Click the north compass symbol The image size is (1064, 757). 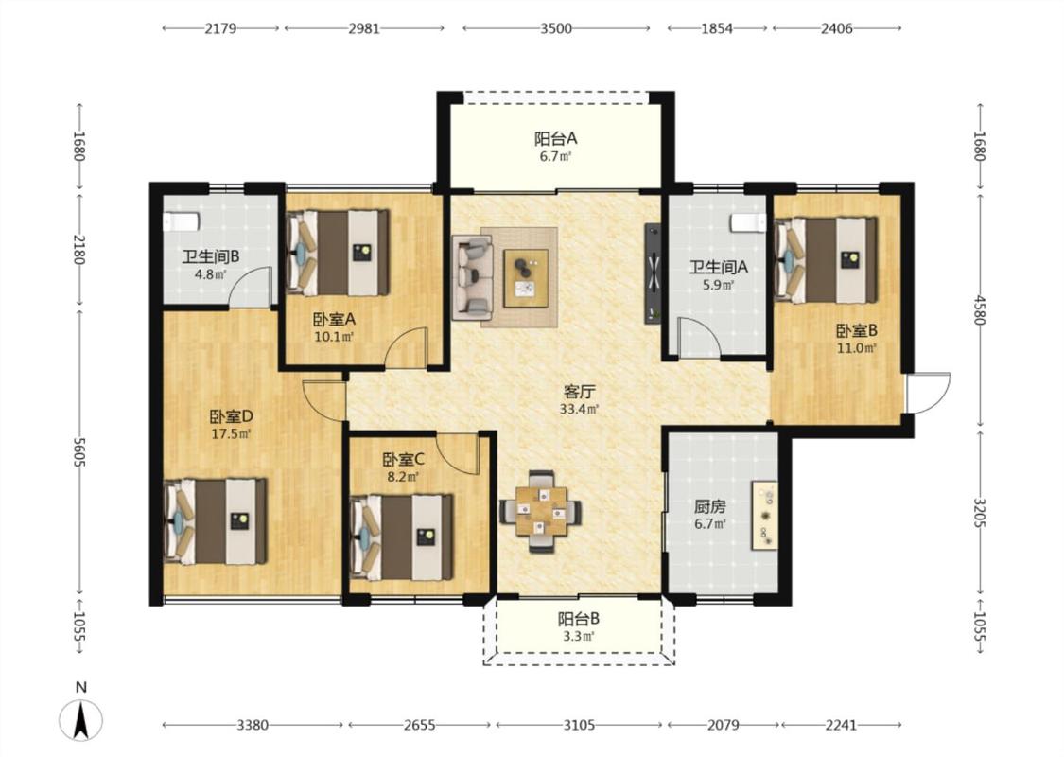click(80, 718)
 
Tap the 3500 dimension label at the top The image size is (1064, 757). click(556, 28)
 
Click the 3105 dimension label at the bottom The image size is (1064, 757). click(579, 725)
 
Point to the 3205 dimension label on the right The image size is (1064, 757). click(979, 513)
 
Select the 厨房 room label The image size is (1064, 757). click(709, 506)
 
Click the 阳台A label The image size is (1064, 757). click(555, 138)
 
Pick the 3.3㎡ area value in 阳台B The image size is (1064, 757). click(579, 636)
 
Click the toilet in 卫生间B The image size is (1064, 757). click(182, 221)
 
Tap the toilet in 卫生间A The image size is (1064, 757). click(748, 222)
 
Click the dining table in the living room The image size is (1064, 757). click(541, 511)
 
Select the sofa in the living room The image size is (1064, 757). click(472, 277)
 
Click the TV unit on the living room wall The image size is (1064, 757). click(653, 273)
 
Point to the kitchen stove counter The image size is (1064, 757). click(764, 516)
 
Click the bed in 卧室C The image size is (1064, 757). click(401, 537)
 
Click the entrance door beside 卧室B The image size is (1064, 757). click(929, 393)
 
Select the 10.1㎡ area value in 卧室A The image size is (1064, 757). click(334, 336)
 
